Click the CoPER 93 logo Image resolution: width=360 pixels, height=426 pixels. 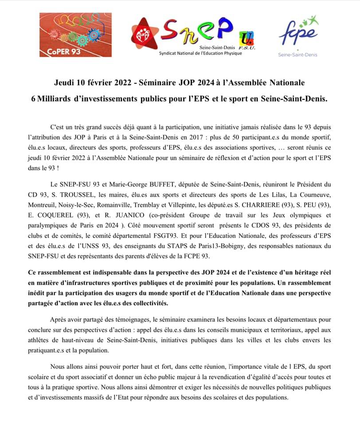click(x=69, y=35)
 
